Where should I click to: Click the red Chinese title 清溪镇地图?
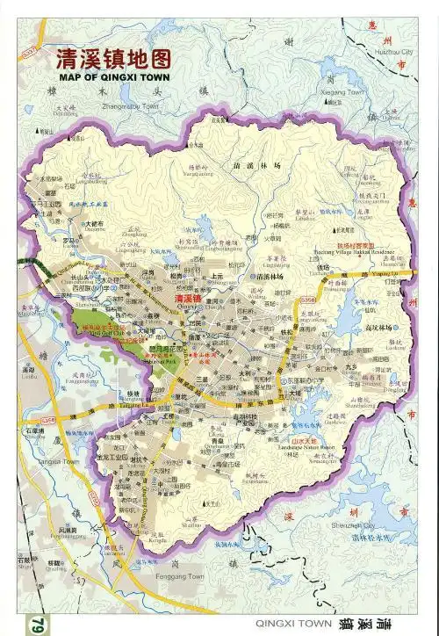tap(113, 59)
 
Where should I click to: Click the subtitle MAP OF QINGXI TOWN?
tap(113, 76)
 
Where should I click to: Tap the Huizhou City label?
tap(393, 53)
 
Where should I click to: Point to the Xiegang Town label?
tap(342, 91)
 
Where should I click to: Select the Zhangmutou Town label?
tap(131, 105)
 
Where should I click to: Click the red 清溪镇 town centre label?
tap(190, 299)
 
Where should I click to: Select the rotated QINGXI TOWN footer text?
tap(293, 622)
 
